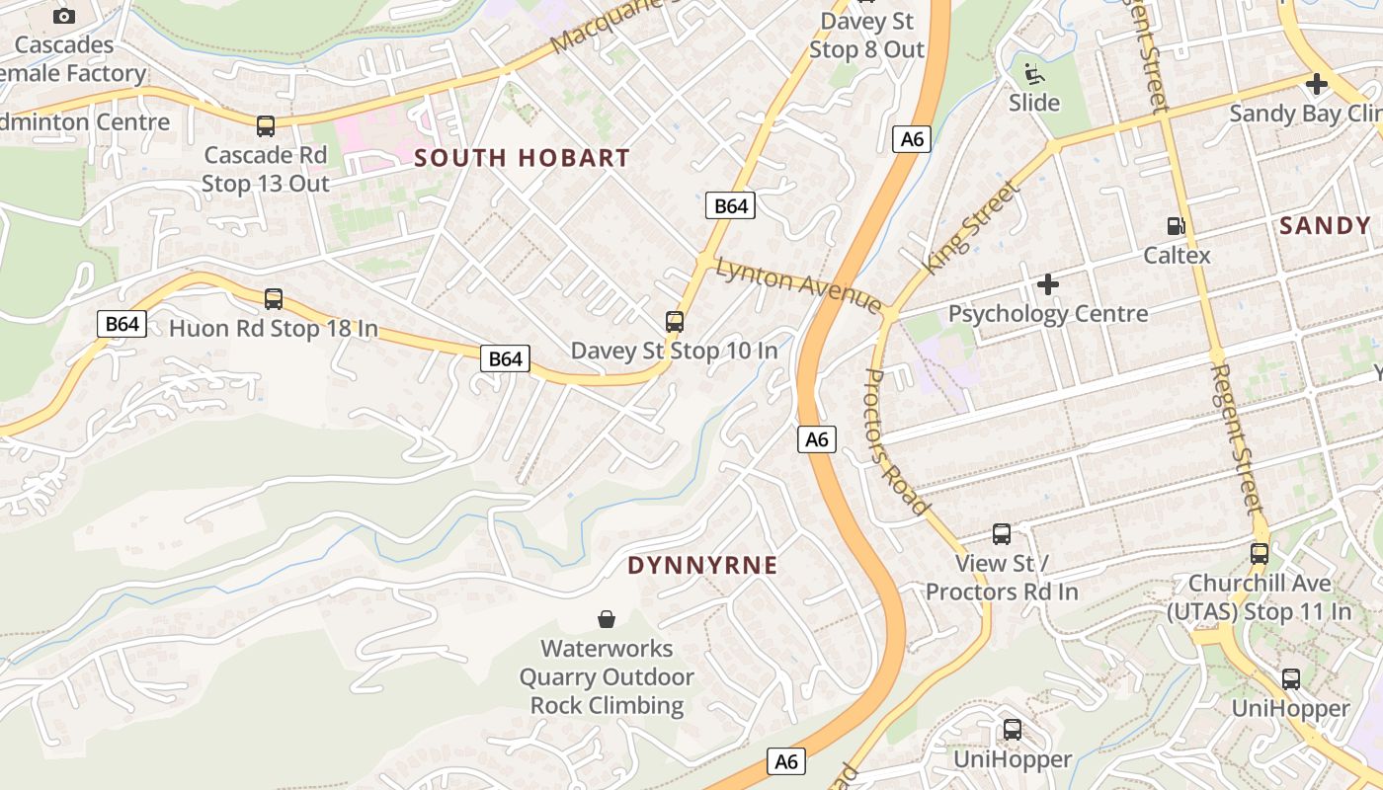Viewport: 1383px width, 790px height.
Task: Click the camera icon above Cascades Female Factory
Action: click(x=64, y=16)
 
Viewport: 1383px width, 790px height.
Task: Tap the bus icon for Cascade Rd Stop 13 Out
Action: click(x=266, y=126)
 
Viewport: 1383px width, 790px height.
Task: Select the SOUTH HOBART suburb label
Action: click(x=522, y=158)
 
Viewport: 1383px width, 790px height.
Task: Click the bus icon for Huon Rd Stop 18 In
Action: click(x=274, y=298)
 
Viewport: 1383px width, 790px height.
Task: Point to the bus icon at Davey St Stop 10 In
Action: click(x=675, y=322)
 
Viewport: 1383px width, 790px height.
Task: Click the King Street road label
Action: click(x=969, y=229)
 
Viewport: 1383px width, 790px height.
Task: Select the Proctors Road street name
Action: click(x=897, y=440)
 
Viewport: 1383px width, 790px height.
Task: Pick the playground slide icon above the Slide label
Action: click(x=1033, y=73)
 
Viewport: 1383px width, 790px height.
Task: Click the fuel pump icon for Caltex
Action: click(x=1176, y=226)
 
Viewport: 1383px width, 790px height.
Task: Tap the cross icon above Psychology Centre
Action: click(x=1048, y=285)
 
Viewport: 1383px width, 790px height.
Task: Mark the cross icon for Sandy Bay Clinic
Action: click(x=1316, y=84)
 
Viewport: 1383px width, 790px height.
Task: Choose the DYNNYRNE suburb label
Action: click(x=702, y=566)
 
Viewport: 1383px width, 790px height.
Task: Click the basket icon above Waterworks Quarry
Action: click(x=607, y=619)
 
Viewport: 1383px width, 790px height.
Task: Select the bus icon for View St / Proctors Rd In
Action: click(x=1002, y=534)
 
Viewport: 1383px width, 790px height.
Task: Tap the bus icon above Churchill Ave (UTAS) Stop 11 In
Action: click(x=1260, y=553)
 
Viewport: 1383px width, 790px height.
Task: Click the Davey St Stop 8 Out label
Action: click(x=866, y=36)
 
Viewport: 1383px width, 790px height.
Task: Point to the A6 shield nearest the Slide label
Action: click(x=912, y=139)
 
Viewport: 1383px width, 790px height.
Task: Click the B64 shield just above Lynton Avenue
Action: click(x=730, y=205)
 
